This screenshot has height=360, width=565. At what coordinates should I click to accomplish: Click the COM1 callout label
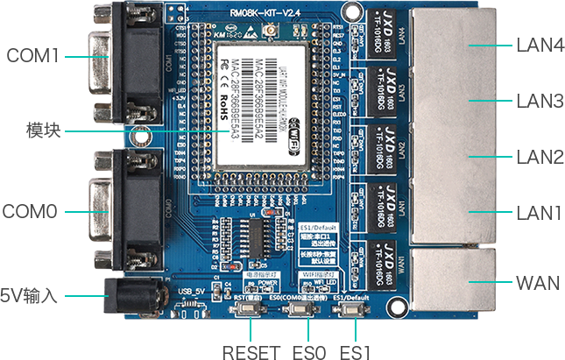tap(32, 56)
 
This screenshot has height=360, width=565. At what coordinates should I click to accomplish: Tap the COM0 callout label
tap(32, 211)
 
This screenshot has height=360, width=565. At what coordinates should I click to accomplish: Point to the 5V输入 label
tap(30, 295)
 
